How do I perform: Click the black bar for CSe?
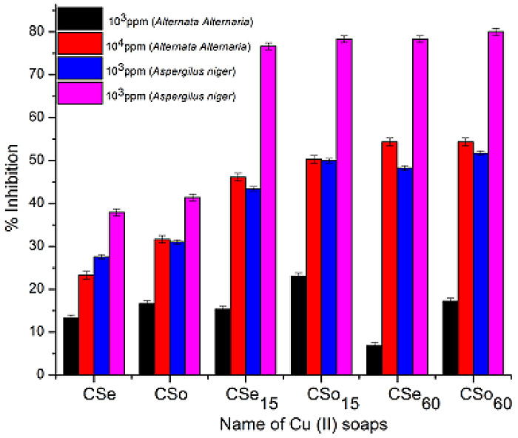[71, 346]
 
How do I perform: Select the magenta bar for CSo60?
[496, 203]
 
